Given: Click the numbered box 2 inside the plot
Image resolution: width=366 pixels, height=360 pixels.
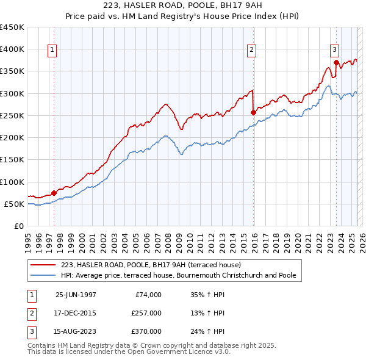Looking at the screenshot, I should coord(251,51).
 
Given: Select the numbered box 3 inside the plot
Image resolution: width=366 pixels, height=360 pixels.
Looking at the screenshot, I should coord(335,51).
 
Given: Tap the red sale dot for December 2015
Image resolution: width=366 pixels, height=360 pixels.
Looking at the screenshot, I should coord(254,112).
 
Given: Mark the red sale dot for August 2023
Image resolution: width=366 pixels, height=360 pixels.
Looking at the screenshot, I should coord(337,62).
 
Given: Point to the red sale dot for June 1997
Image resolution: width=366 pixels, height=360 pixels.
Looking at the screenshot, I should coord(54,193).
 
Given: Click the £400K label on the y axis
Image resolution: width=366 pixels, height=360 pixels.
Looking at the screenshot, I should coord(12,49).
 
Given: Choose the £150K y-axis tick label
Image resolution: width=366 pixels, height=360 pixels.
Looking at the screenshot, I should coord(12,160).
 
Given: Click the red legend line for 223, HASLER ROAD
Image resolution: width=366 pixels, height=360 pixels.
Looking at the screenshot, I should coord(43,265).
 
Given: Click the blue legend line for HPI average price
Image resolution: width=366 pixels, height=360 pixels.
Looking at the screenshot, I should coord(43,276).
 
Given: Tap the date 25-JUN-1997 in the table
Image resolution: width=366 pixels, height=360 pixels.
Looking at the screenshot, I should coord(76,295).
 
